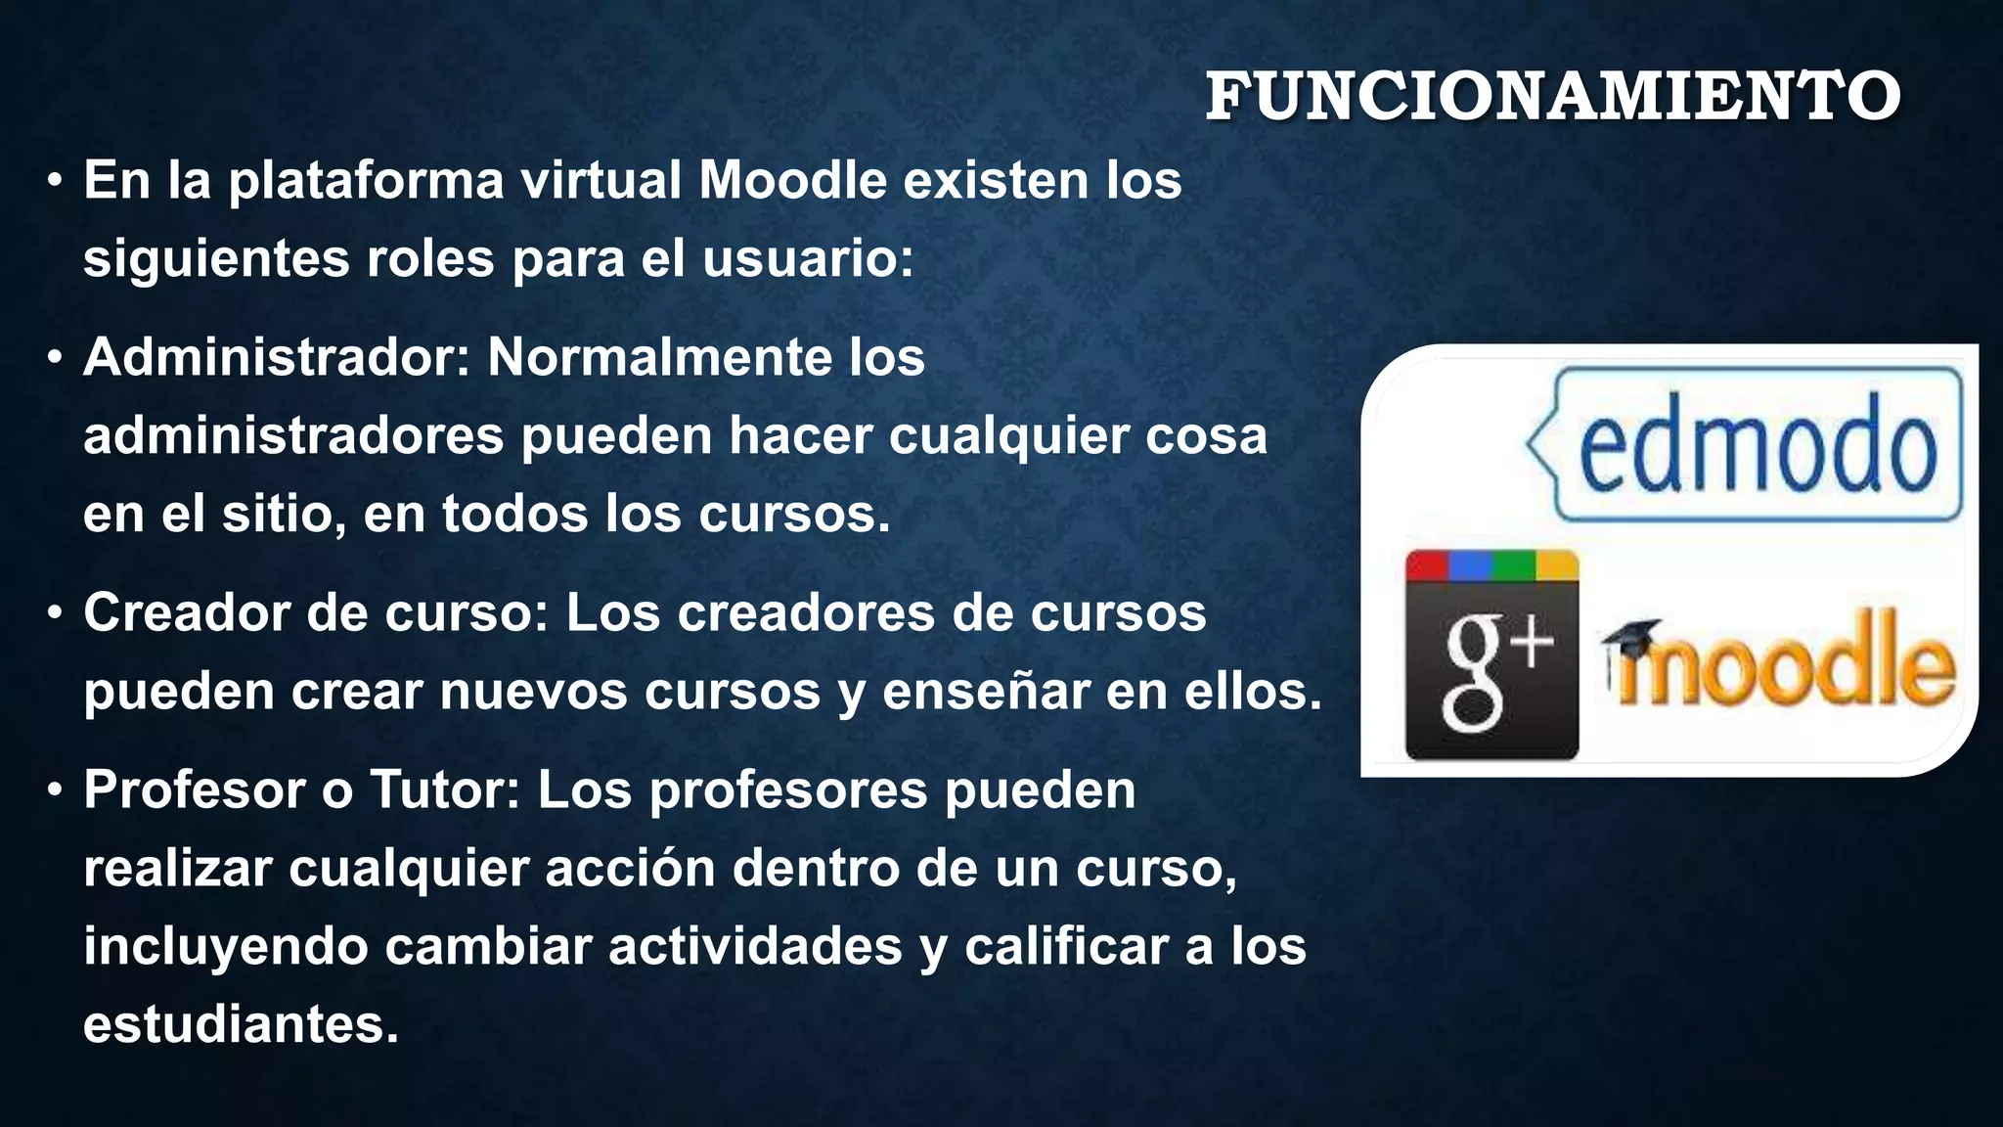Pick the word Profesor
(x=194, y=789)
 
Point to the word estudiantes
(x=241, y=1024)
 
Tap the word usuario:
(x=808, y=259)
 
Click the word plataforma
(x=366, y=182)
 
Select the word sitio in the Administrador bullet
(x=283, y=514)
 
